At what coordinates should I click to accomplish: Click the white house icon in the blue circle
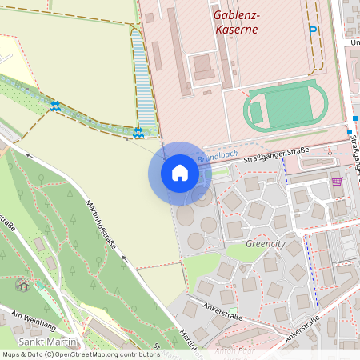point(180,173)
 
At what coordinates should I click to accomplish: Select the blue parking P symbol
point(313,30)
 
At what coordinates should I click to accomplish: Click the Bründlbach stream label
point(213,159)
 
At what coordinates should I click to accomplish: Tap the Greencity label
point(265,243)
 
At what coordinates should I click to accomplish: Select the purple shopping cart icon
point(337,182)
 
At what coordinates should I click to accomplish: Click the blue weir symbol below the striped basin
point(138,132)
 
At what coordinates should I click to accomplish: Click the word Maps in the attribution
point(12,354)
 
